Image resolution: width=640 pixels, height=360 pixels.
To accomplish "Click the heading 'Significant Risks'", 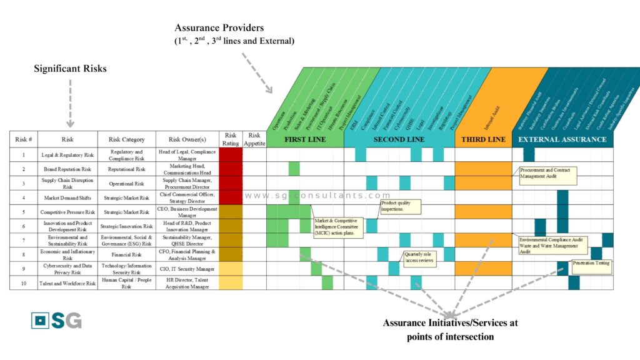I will (70, 69).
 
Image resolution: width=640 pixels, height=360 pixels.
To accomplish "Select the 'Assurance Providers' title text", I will (219, 28).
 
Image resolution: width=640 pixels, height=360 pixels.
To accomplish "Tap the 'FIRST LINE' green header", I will (305, 139).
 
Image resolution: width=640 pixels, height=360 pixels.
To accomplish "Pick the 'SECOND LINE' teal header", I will (399, 139).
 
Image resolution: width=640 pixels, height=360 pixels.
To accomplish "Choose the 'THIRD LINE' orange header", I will (483, 139).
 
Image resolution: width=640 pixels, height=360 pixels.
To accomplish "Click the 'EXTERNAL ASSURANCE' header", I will (562, 139).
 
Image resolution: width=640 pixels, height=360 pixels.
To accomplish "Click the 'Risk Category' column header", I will (127, 139).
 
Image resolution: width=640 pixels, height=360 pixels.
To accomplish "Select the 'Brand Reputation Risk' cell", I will (67, 169).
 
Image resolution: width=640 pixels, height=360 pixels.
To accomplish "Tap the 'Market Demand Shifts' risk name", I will (67, 197).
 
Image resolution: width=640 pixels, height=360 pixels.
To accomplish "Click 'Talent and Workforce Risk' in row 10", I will (67, 282).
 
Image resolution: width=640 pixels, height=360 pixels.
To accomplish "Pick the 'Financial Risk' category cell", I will (127, 254).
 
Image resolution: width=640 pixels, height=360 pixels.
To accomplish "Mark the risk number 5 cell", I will (24, 212).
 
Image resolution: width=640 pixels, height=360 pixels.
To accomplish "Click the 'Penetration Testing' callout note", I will (591, 264).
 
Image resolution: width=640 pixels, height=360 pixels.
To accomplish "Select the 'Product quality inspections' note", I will (400, 206).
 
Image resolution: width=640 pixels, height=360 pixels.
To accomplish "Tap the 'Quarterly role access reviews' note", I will (419, 258).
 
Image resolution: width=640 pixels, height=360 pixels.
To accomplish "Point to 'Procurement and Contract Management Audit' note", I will (544, 173).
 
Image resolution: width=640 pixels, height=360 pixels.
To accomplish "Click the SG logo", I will (56, 320).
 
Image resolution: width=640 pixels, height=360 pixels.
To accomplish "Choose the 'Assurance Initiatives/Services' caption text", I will (450, 324).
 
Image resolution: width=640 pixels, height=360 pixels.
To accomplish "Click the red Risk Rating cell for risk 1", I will (231, 155).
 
